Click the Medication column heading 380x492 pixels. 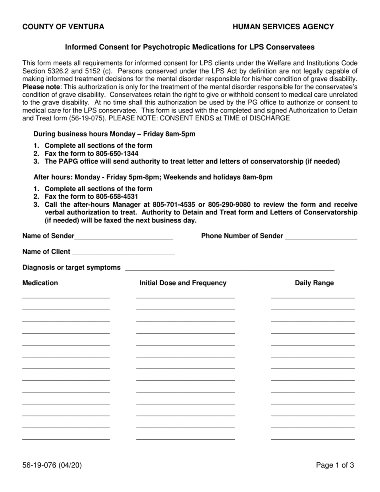[x=40, y=283]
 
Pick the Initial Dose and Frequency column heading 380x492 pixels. [x=183, y=283]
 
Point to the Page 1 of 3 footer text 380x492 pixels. [x=335, y=465]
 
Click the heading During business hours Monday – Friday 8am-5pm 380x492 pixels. [x=114, y=134]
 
